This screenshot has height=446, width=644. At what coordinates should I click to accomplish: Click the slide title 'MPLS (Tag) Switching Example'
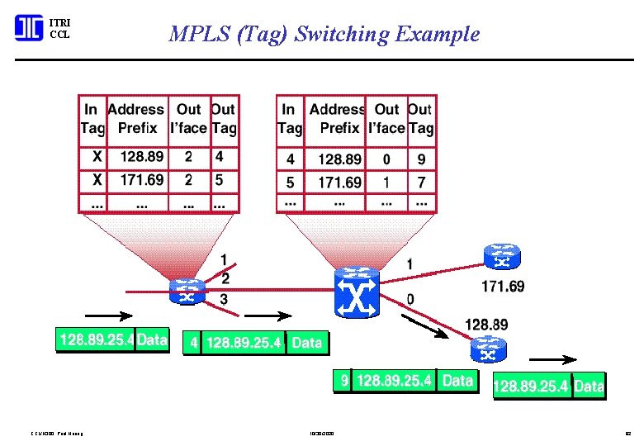(324, 34)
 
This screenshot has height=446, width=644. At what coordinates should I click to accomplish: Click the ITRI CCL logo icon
(29, 28)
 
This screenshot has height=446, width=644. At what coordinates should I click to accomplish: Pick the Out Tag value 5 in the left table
(219, 179)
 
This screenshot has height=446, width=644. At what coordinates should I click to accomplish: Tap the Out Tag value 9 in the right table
(420, 159)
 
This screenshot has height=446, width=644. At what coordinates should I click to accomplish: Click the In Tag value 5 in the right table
(290, 182)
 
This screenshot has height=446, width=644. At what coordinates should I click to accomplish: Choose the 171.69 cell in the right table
(339, 182)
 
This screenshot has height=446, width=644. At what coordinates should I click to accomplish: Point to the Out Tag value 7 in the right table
(420, 182)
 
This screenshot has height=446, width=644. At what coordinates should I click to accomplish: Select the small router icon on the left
(187, 291)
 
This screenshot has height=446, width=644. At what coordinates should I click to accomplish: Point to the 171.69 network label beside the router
(502, 287)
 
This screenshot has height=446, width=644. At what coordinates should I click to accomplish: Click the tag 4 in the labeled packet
(193, 342)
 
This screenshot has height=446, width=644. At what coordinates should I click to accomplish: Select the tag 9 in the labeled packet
(343, 381)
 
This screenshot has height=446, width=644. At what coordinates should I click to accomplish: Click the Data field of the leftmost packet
(152, 339)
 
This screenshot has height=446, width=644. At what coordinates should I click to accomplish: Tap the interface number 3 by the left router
(224, 298)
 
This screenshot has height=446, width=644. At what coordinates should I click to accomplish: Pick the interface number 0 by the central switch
(410, 298)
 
